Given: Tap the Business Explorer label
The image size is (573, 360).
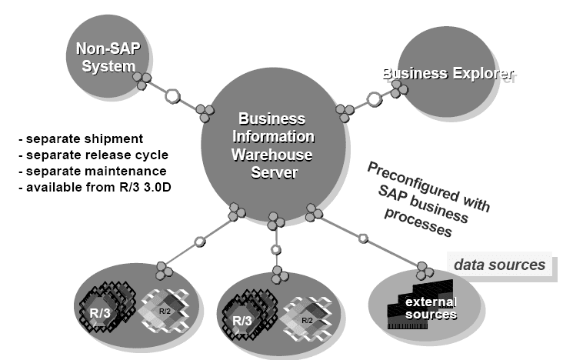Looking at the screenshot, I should tap(449, 74).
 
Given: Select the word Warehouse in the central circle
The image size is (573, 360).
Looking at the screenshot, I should tap(275, 153).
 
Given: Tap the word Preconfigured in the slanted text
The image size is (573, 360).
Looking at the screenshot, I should tap(408, 178).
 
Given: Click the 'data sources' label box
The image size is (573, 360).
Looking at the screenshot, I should tap(499, 265).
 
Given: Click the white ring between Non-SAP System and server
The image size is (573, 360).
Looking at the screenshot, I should tap(174, 96).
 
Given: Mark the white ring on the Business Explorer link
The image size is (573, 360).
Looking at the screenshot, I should tap(375, 99).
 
